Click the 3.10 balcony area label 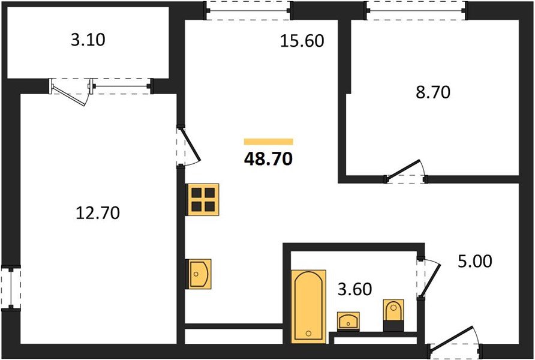point(88,40)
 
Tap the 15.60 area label point(302,41)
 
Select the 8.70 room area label point(433,92)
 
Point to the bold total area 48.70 point(269,158)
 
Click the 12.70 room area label point(98,213)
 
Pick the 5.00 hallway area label point(474,262)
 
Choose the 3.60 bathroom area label point(354,289)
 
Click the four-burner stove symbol point(203,200)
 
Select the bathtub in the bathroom point(309,307)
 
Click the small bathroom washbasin point(348,321)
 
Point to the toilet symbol point(393,314)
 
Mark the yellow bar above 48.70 point(269,142)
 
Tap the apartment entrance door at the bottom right point(454,340)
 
